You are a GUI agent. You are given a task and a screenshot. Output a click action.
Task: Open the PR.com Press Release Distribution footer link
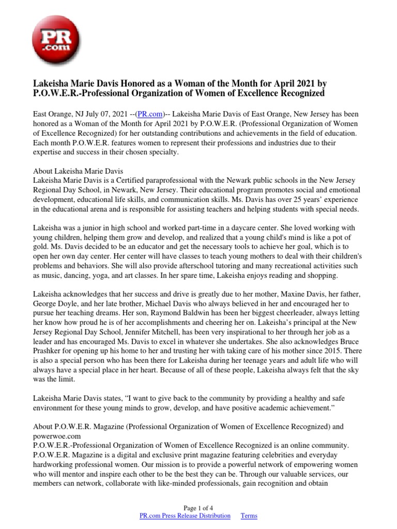tap(185, 516)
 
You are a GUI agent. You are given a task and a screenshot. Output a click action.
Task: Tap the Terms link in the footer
tap(249, 516)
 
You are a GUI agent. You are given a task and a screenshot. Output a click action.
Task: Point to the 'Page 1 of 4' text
tap(198, 507)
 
